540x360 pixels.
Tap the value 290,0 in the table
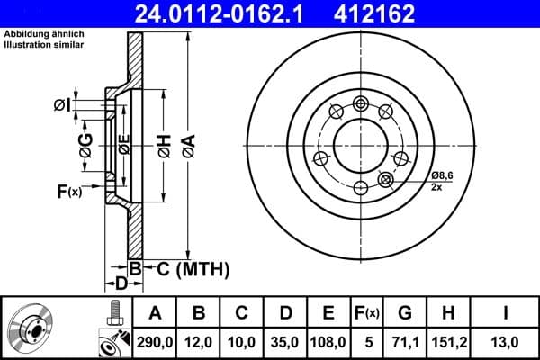[x=155, y=341]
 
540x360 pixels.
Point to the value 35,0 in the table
[x=285, y=341]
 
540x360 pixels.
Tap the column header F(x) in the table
[x=366, y=313]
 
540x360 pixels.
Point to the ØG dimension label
[x=85, y=147]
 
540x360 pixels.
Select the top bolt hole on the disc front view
[x=361, y=102]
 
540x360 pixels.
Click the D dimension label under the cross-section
[x=119, y=283]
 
